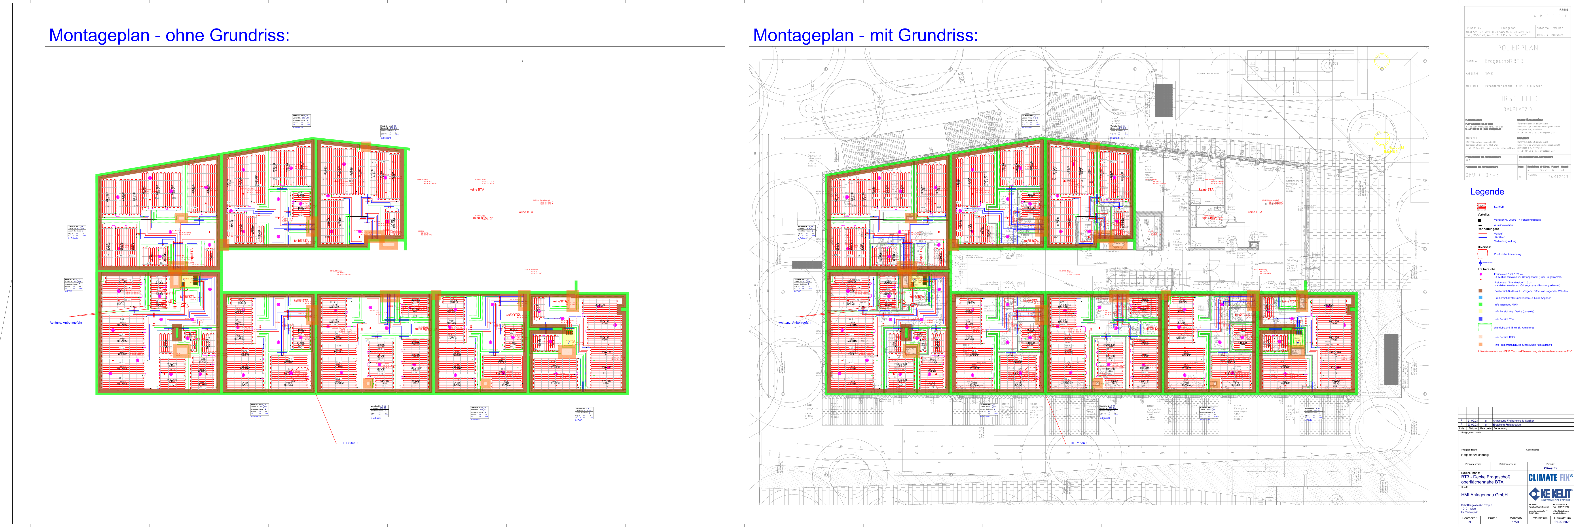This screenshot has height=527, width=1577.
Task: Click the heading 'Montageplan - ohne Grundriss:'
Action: (x=169, y=36)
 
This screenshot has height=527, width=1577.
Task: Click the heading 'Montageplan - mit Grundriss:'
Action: (x=865, y=36)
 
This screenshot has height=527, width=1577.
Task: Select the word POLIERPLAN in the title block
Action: (x=1517, y=48)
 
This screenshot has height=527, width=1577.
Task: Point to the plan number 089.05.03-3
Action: (x=1482, y=175)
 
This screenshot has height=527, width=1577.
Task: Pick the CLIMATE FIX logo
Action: (x=1549, y=477)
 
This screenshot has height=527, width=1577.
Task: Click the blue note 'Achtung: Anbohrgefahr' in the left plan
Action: (x=66, y=322)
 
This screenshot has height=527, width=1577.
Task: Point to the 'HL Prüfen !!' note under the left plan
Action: (x=350, y=443)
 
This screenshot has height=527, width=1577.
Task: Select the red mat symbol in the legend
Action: (x=1482, y=206)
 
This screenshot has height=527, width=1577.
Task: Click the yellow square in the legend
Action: (x=1480, y=311)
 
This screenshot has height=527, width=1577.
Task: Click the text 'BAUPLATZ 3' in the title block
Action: (x=1517, y=109)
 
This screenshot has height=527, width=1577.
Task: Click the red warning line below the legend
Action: (x=1524, y=351)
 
